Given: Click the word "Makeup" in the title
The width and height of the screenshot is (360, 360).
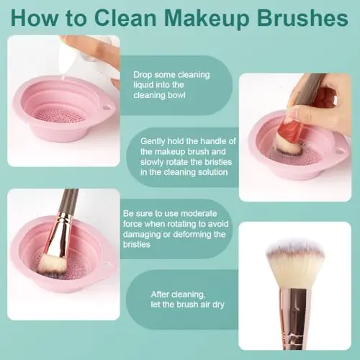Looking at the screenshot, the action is point(207,19).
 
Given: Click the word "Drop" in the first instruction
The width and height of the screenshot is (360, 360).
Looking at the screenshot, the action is point(143,75).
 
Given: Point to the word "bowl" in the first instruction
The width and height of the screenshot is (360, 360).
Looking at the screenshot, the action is point(176,95).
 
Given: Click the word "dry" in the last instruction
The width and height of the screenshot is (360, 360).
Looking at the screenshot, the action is point(218,305).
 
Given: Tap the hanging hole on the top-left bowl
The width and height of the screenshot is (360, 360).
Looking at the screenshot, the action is point(107,107).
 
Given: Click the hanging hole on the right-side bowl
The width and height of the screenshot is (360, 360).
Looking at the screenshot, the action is point(340,151).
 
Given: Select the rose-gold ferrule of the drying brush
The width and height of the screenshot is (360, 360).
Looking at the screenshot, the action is point(294,317).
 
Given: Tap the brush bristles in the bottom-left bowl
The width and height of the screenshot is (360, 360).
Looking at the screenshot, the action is point(52,265).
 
